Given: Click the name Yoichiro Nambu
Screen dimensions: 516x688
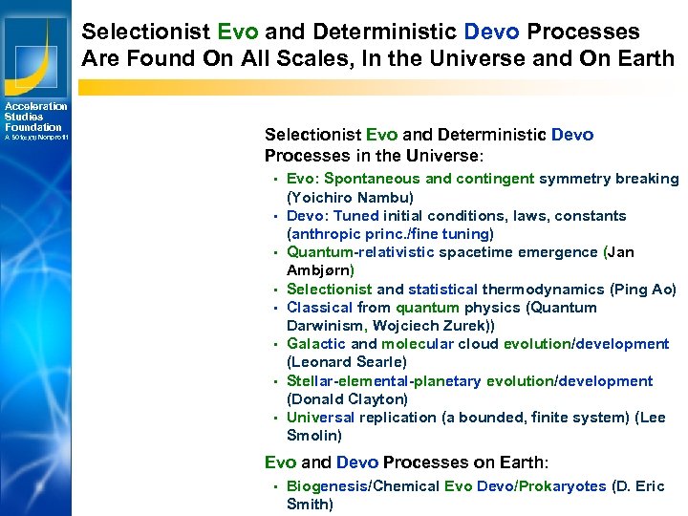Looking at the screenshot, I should (x=351, y=198).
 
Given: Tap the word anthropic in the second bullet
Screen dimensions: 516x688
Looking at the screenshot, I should (x=325, y=234).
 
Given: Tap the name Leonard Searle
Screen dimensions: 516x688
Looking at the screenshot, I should (x=347, y=362).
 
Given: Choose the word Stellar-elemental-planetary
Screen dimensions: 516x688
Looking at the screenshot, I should (x=384, y=381).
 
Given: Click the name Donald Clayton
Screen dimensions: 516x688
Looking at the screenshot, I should (x=348, y=399).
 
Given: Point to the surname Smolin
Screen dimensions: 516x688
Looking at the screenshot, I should (x=314, y=436).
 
